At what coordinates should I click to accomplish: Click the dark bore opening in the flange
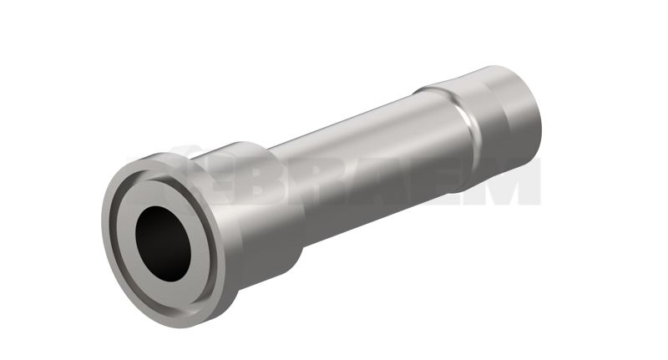(163, 244)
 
